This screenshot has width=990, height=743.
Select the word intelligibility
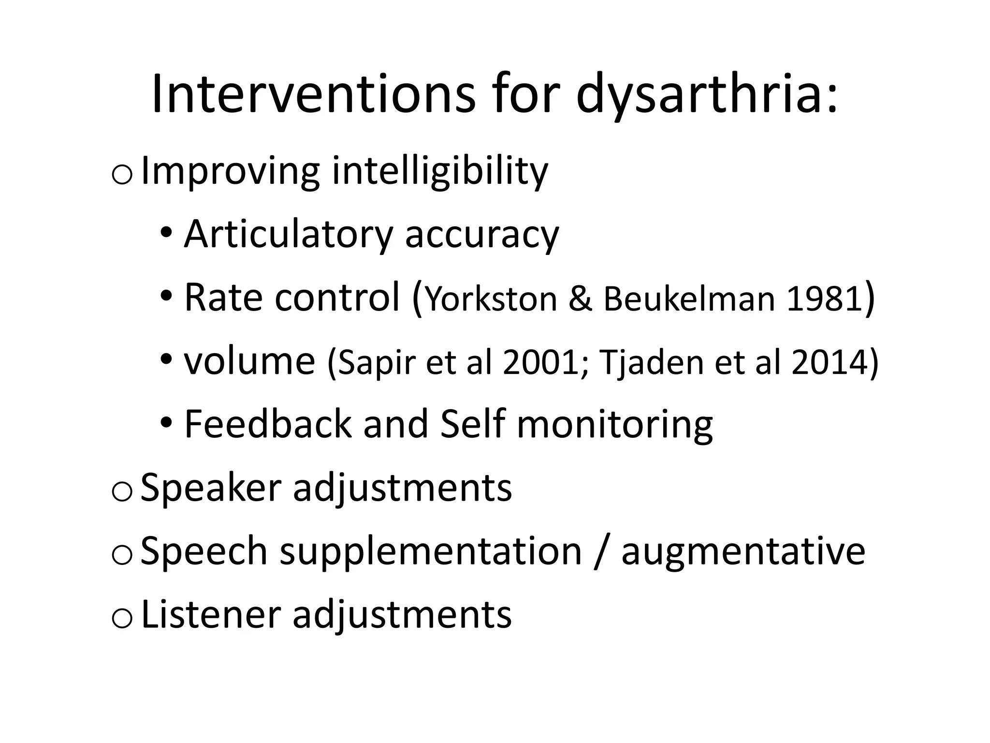click(x=440, y=172)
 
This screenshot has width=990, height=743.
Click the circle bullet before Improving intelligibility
click(x=121, y=175)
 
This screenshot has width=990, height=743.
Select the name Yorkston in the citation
click(x=492, y=299)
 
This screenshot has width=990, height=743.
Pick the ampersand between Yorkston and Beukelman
click(x=580, y=299)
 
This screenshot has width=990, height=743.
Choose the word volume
click(x=249, y=362)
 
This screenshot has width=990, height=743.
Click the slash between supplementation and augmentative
click(x=601, y=552)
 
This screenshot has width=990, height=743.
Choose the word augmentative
click(x=743, y=552)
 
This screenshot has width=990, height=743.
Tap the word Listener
click(x=211, y=614)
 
